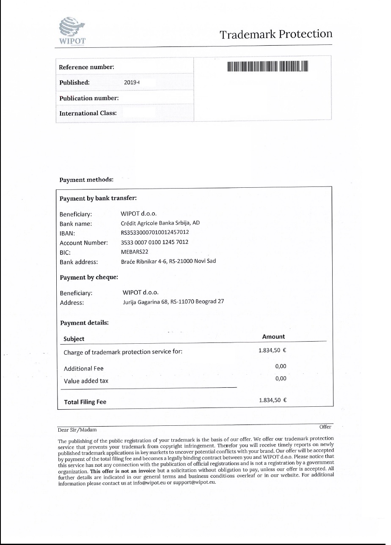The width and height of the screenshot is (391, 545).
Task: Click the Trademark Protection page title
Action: pyautogui.click(x=276, y=34)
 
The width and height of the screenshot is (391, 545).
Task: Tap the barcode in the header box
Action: pyautogui.click(x=267, y=67)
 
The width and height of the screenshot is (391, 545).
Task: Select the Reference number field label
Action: pyautogui.click(x=86, y=67)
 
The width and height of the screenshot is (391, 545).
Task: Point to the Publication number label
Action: pyautogui.click(x=89, y=98)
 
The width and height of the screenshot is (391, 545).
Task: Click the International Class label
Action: pyautogui.click(x=88, y=113)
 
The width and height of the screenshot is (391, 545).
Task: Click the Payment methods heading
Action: pyautogui.click(x=86, y=180)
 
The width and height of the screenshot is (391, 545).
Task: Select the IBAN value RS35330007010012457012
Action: pyautogui.click(x=155, y=233)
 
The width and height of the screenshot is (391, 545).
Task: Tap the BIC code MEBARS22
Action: pyautogui.click(x=135, y=252)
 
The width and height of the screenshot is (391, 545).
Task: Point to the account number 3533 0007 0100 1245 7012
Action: pyautogui.click(x=154, y=242)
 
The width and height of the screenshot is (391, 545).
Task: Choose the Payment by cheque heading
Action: pyautogui.click(x=89, y=277)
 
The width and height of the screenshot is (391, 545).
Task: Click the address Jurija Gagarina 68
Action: pyautogui.click(x=173, y=302)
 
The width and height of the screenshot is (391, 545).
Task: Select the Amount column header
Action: pyautogui.click(x=273, y=337)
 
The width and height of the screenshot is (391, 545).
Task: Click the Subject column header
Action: pyautogui.click(x=74, y=339)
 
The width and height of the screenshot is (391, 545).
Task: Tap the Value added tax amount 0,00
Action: pyautogui.click(x=281, y=378)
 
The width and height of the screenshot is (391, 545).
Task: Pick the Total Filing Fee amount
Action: pyautogui.click(x=273, y=400)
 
